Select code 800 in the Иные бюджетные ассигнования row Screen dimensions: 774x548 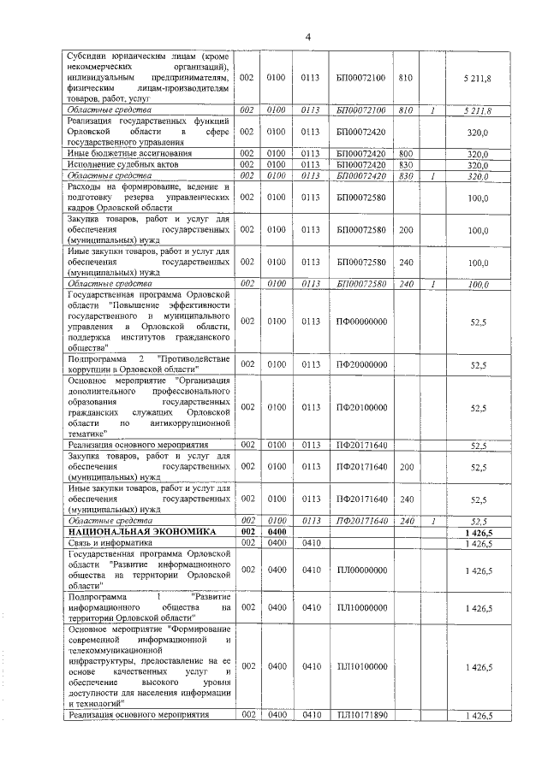tap(406, 153)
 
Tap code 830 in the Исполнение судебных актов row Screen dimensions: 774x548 tap(406, 164)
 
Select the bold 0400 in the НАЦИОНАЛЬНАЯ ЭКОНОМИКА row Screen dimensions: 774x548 tap(276, 532)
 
